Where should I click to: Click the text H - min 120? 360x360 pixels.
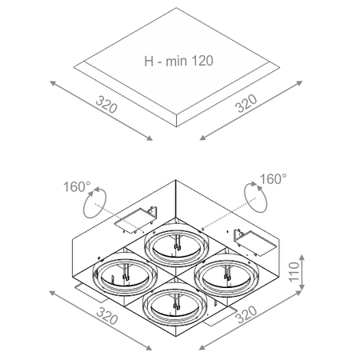[x=178, y=61]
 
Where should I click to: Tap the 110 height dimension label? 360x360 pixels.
[x=294, y=272]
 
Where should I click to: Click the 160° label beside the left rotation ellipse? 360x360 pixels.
[x=77, y=186]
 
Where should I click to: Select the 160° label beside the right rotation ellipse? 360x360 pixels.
[x=273, y=179]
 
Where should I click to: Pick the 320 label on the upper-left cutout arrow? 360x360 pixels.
[x=106, y=105]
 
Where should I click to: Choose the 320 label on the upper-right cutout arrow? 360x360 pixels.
[x=246, y=103]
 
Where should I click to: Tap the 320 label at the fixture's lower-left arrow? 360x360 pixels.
[x=107, y=316]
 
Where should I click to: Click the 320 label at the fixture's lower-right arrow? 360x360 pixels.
[x=246, y=314]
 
